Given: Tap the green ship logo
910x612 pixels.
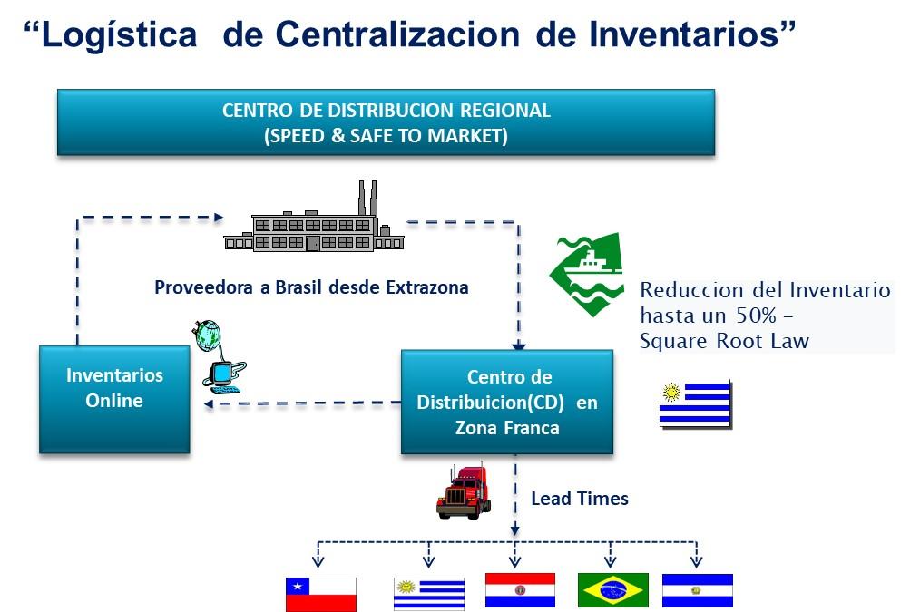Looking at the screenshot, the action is [587, 275].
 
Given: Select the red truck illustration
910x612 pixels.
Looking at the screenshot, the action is [464, 491].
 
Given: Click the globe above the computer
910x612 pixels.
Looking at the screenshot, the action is [206, 335].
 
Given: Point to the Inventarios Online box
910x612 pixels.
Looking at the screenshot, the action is [114, 399].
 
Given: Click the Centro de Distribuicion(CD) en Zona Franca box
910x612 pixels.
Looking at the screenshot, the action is [507, 402].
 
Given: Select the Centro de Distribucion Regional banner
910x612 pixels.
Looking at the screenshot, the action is [386, 122].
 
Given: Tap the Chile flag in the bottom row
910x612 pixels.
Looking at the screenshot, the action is [321, 595].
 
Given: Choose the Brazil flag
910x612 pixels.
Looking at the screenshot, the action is [612, 590].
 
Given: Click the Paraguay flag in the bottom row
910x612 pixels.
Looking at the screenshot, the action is [520, 590].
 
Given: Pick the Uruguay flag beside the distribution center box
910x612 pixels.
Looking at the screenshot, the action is [696, 404].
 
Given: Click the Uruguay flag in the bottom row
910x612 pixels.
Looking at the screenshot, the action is [429, 594].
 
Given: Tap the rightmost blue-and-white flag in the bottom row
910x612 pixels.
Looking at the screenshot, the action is [698, 590].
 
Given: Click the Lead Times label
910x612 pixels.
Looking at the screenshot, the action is [580, 499].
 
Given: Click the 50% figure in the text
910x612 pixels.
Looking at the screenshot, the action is [756, 315].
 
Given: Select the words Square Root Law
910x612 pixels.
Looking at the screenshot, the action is [724, 341].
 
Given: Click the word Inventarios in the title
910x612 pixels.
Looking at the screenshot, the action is [691, 34].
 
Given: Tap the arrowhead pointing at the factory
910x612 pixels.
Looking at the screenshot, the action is [219, 218].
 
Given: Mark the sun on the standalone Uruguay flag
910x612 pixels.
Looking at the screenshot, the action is [671, 393].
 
